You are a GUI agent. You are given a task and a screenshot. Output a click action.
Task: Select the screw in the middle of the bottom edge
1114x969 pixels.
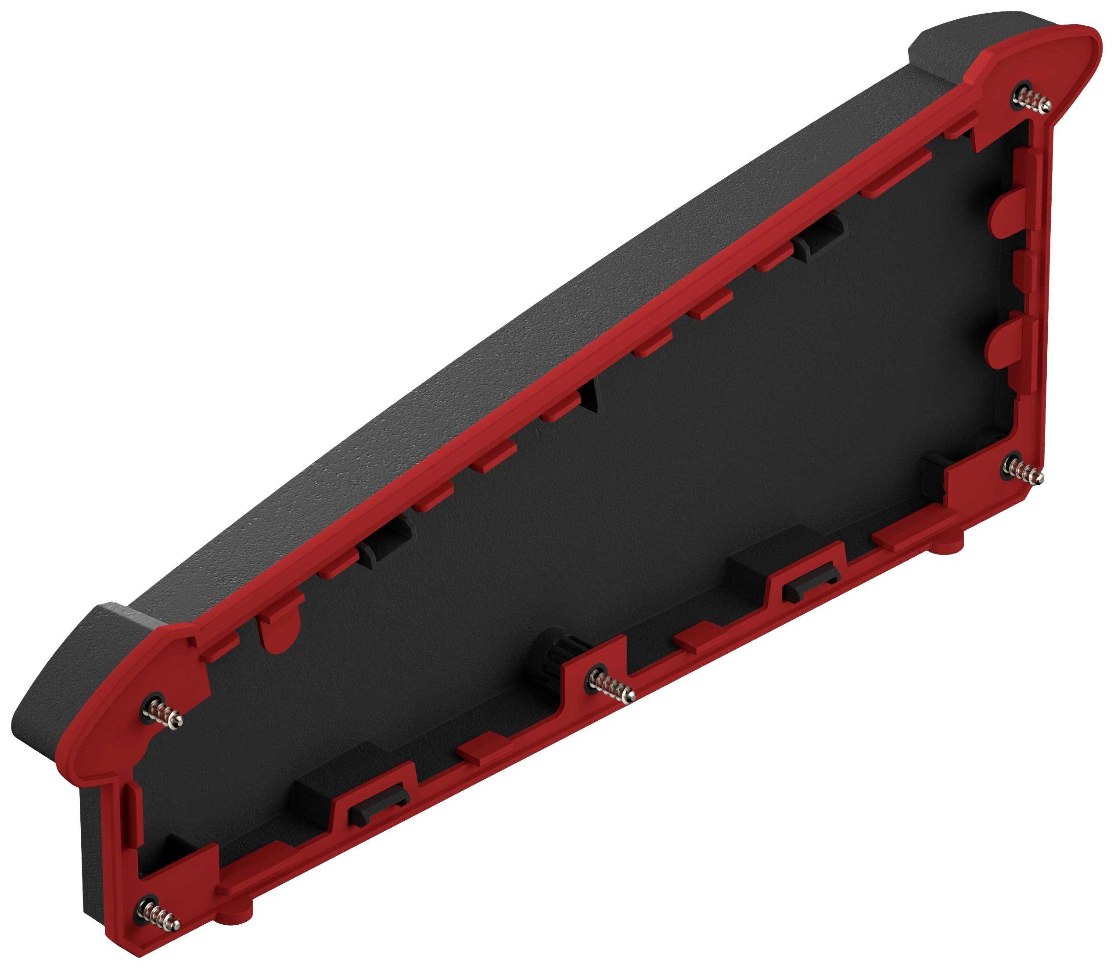pyautogui.click(x=611, y=686)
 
